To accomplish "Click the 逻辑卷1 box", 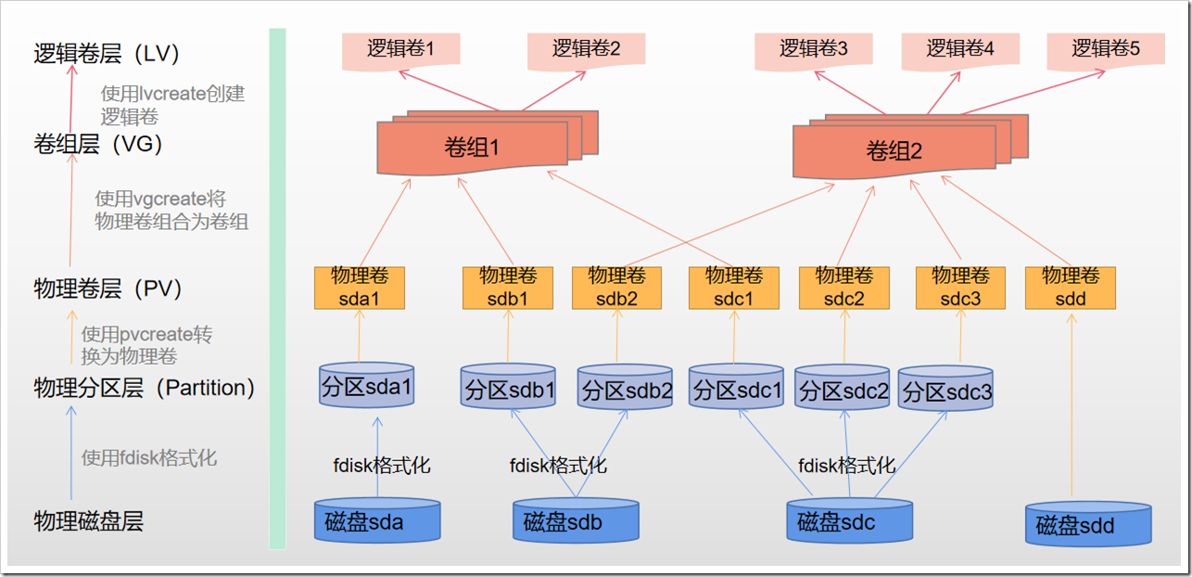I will [x=400, y=49].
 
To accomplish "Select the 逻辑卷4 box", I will [x=960, y=49].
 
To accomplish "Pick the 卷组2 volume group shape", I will [x=894, y=151].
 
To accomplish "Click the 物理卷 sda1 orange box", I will [x=360, y=288].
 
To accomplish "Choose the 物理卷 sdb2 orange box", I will [x=616, y=288].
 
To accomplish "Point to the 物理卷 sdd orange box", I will [x=1070, y=288].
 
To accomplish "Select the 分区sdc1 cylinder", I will [x=737, y=389].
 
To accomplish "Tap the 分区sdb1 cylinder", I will [x=508, y=390].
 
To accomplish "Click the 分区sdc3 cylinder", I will [x=945, y=391].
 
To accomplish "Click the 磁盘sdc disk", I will [x=848, y=523].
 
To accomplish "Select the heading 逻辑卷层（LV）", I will [x=105, y=53].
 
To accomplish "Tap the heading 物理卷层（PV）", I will [x=108, y=288].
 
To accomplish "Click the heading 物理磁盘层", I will [x=88, y=520].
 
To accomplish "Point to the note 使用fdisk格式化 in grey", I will [x=149, y=457].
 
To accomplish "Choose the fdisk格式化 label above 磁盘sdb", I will [x=558, y=465].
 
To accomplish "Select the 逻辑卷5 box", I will [x=1106, y=49].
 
